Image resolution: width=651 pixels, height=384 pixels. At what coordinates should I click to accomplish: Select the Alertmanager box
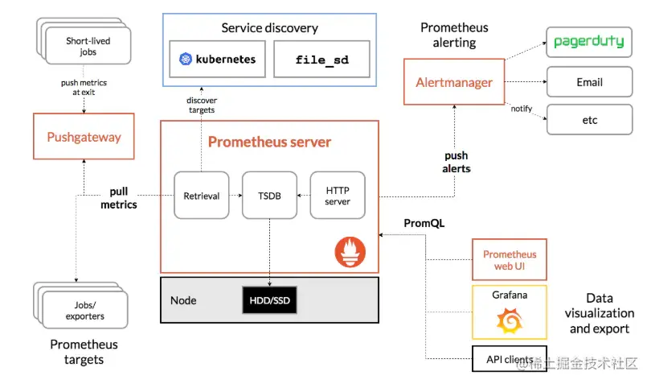coord(454,82)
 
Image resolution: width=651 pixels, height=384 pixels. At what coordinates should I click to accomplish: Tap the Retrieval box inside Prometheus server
coord(201,195)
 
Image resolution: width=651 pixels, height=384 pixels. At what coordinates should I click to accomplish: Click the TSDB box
coord(269,195)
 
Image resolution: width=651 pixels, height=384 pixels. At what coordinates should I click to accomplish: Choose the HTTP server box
coord(338,195)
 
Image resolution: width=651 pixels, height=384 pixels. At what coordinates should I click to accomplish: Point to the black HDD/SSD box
coord(269,300)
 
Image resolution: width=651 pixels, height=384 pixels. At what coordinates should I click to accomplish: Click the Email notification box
coord(589,82)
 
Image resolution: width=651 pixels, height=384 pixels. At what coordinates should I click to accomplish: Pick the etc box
coord(589,121)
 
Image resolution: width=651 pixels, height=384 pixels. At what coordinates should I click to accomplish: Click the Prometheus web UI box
coord(510,259)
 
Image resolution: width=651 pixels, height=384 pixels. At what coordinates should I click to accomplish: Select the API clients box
coord(510,359)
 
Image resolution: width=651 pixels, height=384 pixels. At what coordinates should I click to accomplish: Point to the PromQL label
coord(424,222)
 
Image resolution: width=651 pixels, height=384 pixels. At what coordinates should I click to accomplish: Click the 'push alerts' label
coord(456,162)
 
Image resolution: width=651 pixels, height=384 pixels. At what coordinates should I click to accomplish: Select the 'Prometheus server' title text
coord(269,142)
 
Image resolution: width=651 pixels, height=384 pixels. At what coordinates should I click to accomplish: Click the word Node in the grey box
coord(183,300)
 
